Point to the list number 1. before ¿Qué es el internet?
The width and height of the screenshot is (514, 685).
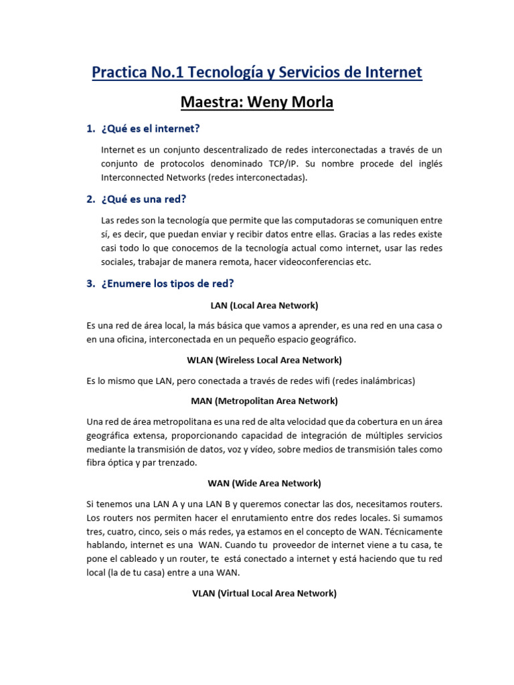(91, 128)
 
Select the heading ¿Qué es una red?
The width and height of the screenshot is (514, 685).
(144, 199)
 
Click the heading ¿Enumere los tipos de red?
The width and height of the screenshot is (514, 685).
(167, 283)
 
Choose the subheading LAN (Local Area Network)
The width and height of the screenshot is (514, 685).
(264, 305)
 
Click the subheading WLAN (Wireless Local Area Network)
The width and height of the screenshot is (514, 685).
(264, 360)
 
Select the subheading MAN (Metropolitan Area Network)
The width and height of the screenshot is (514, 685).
(264, 401)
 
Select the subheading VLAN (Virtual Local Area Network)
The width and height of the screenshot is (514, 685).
(264, 593)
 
